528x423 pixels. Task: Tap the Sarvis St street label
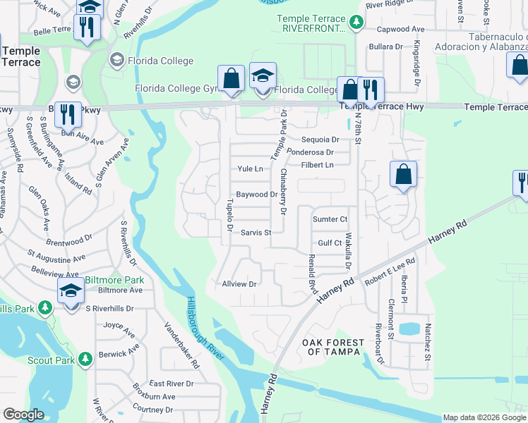click(x=256, y=232)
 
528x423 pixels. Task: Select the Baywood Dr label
click(x=255, y=195)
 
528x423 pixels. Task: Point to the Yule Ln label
click(x=250, y=169)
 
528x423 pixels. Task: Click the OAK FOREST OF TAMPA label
click(x=333, y=348)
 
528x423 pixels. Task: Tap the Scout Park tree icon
click(x=85, y=360)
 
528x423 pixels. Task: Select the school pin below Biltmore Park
click(x=71, y=291)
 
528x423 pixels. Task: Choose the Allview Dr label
click(x=239, y=284)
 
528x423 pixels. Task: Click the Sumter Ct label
click(x=330, y=220)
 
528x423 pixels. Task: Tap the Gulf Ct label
click(x=330, y=243)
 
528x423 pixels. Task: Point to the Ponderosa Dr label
click(x=311, y=152)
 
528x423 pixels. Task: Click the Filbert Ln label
click(x=317, y=165)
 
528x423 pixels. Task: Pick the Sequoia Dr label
click(x=320, y=140)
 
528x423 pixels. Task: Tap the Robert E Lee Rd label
click(x=390, y=271)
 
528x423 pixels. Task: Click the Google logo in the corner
click(x=23, y=415)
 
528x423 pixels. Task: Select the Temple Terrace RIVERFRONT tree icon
click(x=356, y=23)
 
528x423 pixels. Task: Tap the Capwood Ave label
click(x=400, y=30)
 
